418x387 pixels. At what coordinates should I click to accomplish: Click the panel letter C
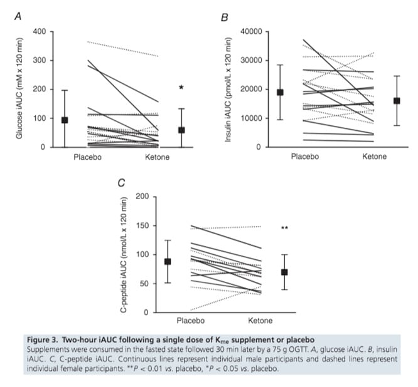pos(122,182)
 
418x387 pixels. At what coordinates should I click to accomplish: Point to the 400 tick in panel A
pos(39,32)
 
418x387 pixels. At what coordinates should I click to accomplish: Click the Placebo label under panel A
pos(87,157)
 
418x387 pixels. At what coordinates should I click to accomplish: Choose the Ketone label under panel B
pos(374,157)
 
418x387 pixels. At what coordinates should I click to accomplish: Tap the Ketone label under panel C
pos(260,321)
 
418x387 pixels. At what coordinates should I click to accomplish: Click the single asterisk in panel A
pos(181,88)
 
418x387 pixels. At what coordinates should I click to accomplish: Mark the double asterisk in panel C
pos(284,229)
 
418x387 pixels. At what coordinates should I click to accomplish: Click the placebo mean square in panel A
pos(65,120)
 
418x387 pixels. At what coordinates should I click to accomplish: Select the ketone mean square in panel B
pos(397,101)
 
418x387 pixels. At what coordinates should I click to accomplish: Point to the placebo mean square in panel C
pos(168,261)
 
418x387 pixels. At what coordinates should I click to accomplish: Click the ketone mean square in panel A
pos(182,130)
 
